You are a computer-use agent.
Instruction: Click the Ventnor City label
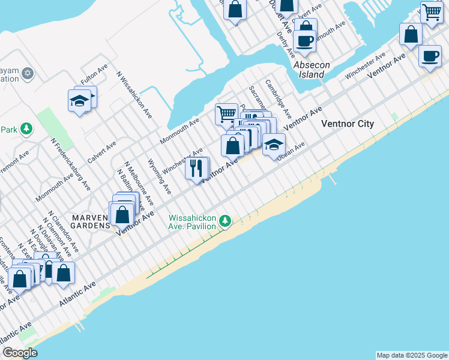coord(348,124)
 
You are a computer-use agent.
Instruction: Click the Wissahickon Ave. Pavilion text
coord(191,222)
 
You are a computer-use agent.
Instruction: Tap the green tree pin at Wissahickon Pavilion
coord(225,221)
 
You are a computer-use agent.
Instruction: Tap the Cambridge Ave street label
coord(278,98)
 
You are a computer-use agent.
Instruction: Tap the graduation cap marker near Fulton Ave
coord(79,100)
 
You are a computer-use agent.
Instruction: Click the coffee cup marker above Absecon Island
coord(304,41)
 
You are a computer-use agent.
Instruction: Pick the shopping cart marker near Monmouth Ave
coord(226,113)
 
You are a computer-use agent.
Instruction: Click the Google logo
coord(19,353)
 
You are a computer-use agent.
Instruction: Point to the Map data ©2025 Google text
coord(412,355)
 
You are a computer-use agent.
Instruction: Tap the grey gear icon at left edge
coord(27,74)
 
